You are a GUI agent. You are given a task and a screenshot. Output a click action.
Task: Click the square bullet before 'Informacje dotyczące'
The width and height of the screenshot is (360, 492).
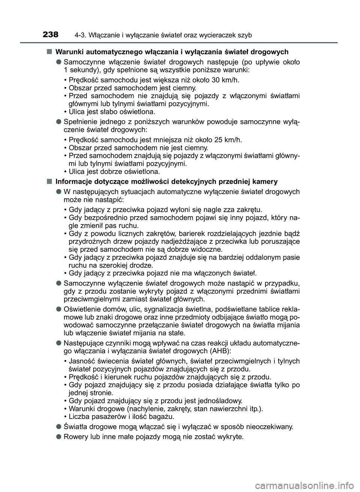tap(49, 181)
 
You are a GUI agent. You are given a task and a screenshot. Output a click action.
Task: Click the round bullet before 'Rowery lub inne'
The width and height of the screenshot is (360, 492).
tap(59, 437)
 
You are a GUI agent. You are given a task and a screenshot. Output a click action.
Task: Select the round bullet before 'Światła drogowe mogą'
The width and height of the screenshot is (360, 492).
tap(59, 426)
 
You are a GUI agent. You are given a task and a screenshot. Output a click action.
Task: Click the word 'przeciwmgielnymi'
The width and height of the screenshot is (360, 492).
tap(87, 299)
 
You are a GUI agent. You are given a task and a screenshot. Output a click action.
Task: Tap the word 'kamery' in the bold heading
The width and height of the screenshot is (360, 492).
tap(267, 182)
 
